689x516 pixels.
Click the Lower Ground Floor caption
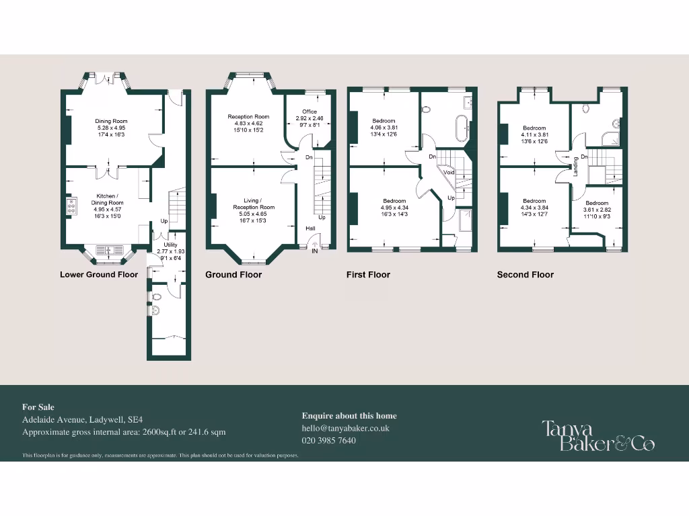click(99, 274)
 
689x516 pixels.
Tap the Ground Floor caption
click(233, 274)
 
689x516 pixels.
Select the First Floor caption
click(368, 274)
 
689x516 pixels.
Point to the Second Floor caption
click(525, 274)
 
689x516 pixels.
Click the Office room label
click(310, 112)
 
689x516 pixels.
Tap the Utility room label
click(170, 245)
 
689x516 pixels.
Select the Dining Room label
click(111, 122)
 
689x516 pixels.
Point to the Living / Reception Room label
click(254, 204)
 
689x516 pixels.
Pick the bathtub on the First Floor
click(462, 128)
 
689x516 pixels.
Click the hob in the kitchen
click(70, 206)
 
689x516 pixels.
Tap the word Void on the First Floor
click(449, 172)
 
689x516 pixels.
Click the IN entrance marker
click(314, 251)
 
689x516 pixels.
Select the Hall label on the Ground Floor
click(310, 228)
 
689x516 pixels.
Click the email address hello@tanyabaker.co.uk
click(346, 428)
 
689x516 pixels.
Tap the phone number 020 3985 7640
click(329, 440)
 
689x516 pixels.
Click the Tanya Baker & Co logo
click(598, 435)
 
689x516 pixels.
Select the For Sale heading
click(38, 406)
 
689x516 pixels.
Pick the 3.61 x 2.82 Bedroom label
click(597, 206)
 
